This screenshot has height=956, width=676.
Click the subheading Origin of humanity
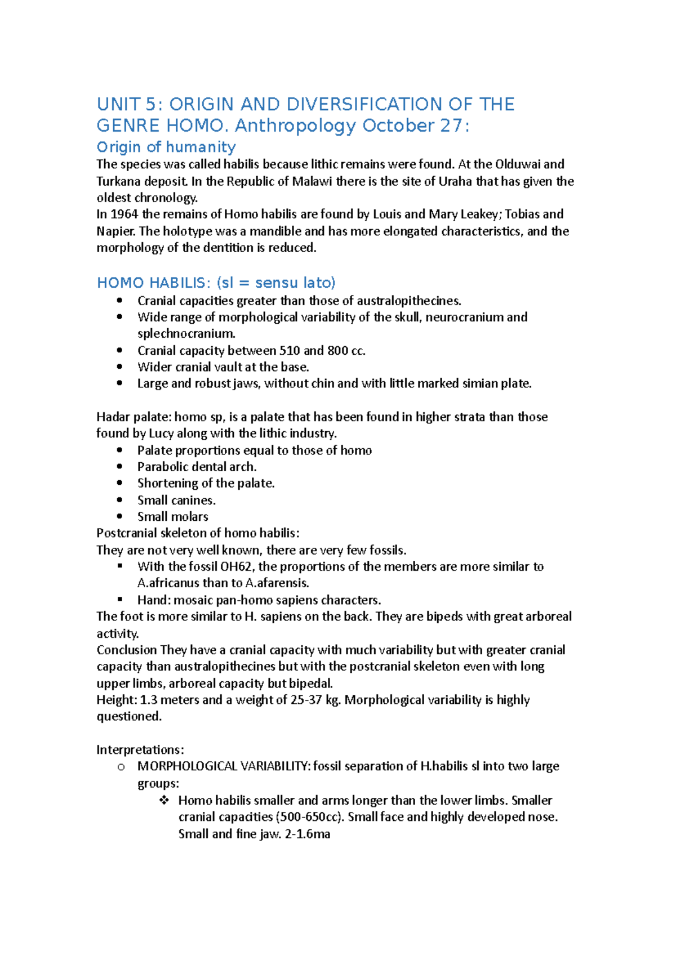tap(166, 147)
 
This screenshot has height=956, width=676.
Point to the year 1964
tap(124, 214)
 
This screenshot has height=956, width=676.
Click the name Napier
tap(115, 231)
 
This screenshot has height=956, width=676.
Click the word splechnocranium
tap(186, 333)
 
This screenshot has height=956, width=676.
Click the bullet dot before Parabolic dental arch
tap(119, 466)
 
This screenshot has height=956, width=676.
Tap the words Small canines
tap(176, 500)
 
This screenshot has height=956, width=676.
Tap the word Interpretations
tap(140, 749)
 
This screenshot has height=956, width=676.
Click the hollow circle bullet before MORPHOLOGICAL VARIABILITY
tap(120, 767)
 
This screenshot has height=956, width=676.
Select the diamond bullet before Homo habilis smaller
tap(164, 800)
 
